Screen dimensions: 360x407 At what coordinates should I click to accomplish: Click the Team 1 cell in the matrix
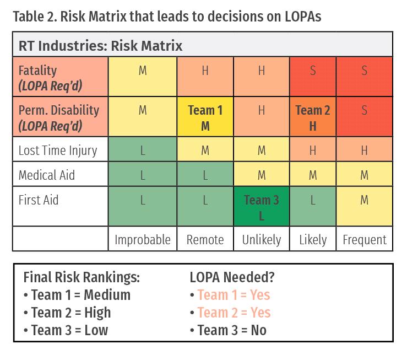[x=205, y=117]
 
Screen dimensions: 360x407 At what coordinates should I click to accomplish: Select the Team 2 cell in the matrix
[x=313, y=117]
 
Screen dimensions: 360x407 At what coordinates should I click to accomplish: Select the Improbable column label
[x=143, y=240]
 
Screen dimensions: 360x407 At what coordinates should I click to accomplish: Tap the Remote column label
[x=205, y=240]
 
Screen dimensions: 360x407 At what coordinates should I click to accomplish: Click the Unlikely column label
[x=262, y=240]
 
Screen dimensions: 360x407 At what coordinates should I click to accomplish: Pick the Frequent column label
[x=365, y=240]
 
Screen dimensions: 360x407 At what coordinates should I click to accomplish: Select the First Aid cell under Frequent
[x=365, y=206]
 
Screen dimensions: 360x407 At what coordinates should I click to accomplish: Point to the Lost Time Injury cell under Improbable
[x=143, y=151]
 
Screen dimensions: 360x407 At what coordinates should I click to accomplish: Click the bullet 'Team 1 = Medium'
[x=77, y=295]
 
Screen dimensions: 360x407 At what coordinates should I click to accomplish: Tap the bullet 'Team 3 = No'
[x=228, y=330]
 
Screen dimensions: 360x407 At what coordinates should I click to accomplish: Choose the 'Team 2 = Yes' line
[x=230, y=313]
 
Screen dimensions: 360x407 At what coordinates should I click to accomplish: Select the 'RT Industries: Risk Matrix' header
[x=101, y=45]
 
